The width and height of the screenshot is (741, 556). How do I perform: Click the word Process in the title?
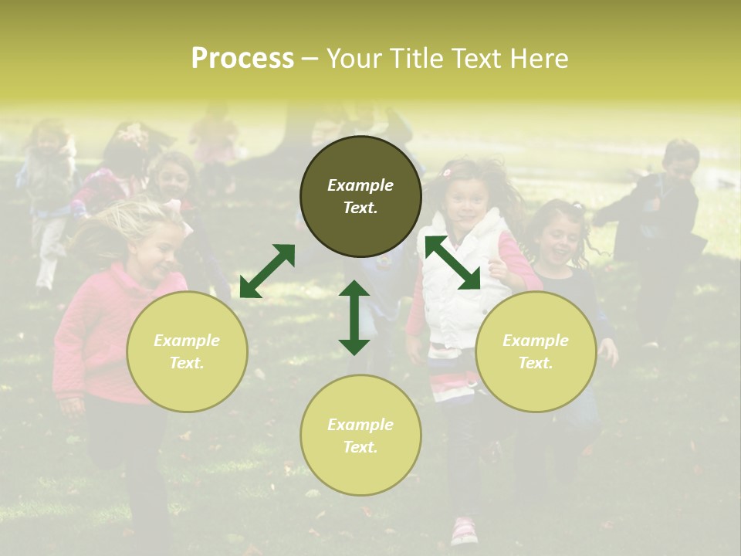pos(242,58)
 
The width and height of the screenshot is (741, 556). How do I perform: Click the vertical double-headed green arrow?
pos(354,317)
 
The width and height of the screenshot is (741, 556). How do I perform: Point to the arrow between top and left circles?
pos(267,270)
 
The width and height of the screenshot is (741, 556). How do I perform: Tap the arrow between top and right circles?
pos(453,263)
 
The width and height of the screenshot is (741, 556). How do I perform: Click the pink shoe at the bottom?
pos(463,531)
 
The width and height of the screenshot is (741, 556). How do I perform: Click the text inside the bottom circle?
pos(360,436)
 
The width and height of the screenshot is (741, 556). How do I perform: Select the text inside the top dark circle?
pos(360,196)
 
